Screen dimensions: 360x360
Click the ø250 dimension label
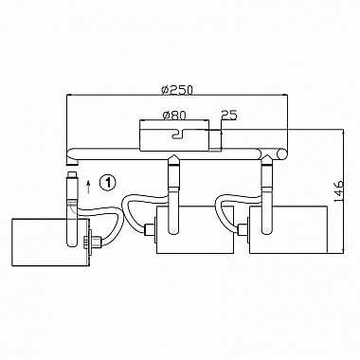click(x=176, y=90)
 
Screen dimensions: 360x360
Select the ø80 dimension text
click(x=174, y=116)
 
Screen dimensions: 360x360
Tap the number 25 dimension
click(x=229, y=115)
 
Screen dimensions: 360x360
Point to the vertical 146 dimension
click(x=339, y=191)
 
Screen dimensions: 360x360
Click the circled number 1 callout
click(x=108, y=182)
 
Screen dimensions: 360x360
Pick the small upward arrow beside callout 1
click(x=89, y=187)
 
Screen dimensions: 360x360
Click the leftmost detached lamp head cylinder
click(x=49, y=243)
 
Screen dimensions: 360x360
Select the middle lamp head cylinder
click(x=195, y=229)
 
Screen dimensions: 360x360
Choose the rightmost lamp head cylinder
click(x=288, y=229)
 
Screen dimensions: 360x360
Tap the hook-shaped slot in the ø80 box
click(x=178, y=134)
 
